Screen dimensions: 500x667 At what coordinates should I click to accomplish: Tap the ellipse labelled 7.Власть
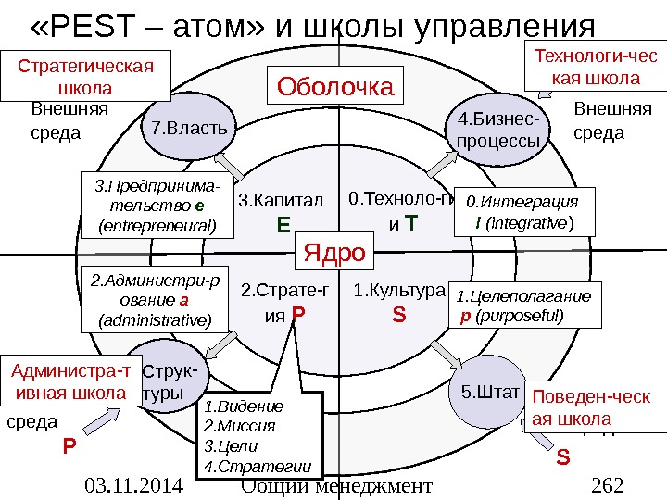tap(188, 126)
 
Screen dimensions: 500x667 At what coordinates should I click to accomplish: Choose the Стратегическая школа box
tap(86, 77)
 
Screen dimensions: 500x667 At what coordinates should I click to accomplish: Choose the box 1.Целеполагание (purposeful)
tap(524, 306)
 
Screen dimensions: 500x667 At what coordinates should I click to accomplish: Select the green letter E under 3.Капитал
tap(283, 224)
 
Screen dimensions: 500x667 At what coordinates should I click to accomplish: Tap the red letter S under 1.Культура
tap(399, 316)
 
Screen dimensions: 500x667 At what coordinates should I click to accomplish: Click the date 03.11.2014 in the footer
tap(132, 485)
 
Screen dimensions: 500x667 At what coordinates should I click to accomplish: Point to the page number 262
tap(608, 485)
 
